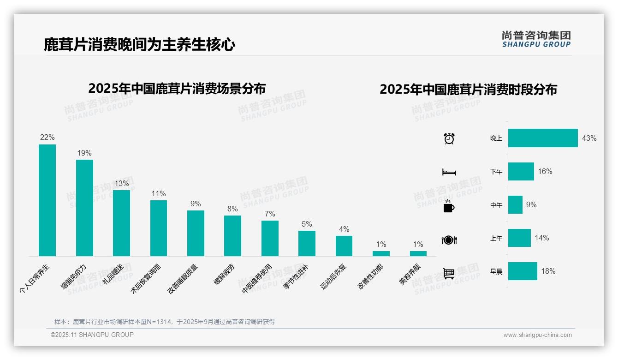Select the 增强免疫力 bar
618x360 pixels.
(84, 208)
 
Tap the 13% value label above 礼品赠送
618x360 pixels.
(122, 183)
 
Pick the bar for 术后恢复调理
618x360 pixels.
(159, 228)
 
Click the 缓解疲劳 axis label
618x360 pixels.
(224, 274)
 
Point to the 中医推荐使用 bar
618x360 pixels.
(270, 238)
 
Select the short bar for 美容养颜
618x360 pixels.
(418, 253)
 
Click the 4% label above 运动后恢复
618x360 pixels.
(344, 229)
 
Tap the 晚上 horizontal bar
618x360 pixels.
(543, 138)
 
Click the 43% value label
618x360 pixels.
(589, 138)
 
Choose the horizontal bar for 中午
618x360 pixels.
(515, 204)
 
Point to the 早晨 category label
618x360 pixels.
(496, 271)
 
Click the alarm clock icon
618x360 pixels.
(449, 138)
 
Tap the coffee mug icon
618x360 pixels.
(449, 206)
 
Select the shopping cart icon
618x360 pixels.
(449, 273)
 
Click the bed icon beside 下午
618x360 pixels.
(449, 172)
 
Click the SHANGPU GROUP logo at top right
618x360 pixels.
(536, 39)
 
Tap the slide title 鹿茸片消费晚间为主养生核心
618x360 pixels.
(139, 45)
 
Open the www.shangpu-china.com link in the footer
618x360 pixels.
(537, 335)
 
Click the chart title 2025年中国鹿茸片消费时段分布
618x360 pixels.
(468, 89)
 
